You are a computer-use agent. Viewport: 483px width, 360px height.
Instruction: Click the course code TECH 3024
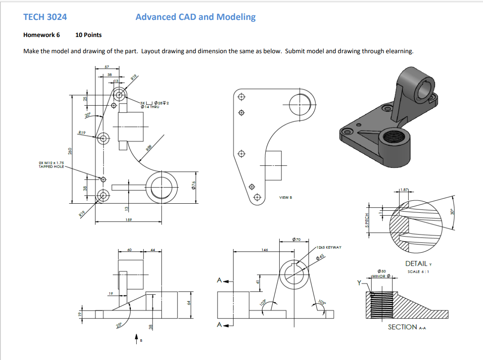tap(45, 17)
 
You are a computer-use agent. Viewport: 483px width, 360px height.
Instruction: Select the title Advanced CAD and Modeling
tap(195, 17)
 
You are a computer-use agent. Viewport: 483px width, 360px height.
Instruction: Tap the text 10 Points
tap(89, 35)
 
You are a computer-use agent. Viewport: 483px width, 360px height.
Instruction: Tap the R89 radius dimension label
tap(148, 146)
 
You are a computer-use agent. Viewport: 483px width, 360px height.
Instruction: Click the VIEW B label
tap(286, 197)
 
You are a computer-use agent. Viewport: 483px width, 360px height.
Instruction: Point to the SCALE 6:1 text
tap(418, 271)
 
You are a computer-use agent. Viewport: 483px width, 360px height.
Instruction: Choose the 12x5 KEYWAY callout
tap(329, 247)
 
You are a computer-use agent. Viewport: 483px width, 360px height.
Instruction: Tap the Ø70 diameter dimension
tap(299, 239)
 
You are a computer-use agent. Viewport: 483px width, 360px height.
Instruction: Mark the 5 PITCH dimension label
tap(367, 220)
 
